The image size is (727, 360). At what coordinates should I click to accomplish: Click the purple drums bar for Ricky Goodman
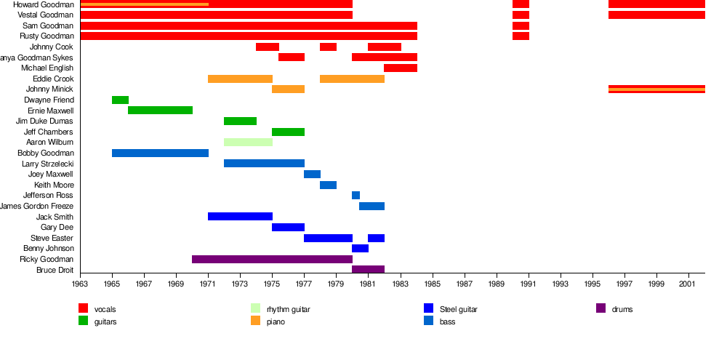point(272,259)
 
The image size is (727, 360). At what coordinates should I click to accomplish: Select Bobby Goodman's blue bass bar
point(160,153)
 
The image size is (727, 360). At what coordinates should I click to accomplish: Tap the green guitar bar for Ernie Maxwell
point(160,111)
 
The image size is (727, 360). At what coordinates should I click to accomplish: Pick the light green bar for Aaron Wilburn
point(248,143)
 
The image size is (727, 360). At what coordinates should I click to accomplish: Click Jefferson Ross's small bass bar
point(356,196)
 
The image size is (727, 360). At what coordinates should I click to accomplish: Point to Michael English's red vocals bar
point(401,68)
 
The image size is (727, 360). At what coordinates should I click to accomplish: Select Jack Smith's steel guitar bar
point(240,217)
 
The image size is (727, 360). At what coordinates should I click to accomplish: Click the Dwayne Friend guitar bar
point(120,100)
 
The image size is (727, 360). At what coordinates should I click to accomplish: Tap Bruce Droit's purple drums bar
point(368,270)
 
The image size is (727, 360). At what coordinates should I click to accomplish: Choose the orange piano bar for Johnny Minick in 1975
point(288,89)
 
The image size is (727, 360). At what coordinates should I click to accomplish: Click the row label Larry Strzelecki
point(47,164)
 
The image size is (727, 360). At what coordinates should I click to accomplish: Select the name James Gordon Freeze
point(37,206)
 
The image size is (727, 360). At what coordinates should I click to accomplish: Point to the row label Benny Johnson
point(49,249)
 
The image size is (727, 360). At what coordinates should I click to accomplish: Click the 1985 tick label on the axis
point(433,284)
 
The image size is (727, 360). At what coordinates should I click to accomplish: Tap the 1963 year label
point(80,284)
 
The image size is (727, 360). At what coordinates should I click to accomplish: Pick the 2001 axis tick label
point(688,284)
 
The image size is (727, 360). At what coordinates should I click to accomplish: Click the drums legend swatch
point(601,308)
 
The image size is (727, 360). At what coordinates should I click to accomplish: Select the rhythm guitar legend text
point(288,309)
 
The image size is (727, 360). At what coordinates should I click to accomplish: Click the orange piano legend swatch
point(256,321)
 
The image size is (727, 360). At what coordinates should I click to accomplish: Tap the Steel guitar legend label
point(458,309)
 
